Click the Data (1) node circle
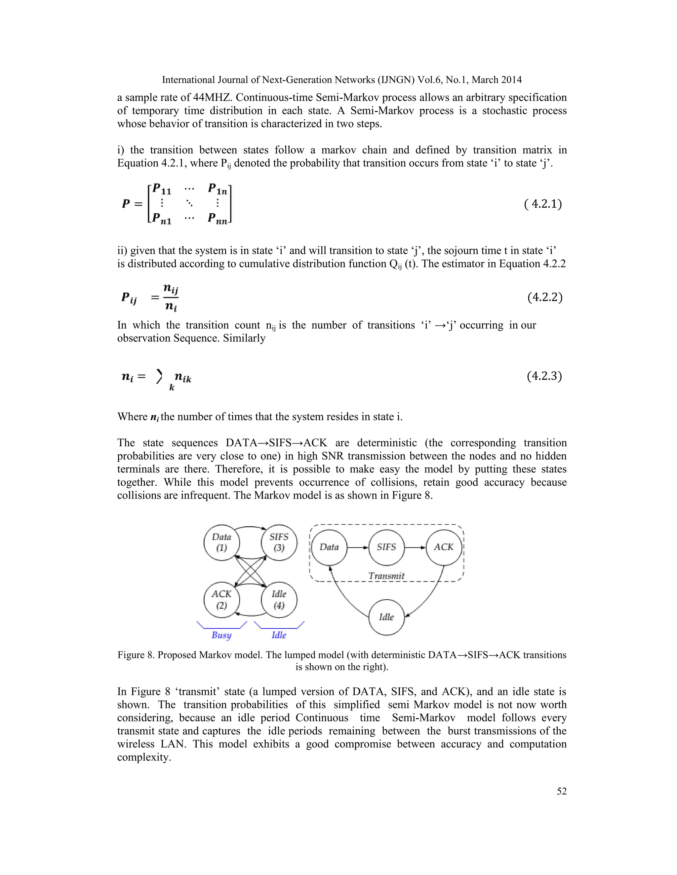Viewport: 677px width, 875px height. click(x=222, y=542)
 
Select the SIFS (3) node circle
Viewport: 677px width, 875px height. click(x=279, y=542)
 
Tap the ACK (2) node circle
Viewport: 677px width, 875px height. click(x=222, y=600)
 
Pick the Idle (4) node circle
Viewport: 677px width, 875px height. click(x=279, y=600)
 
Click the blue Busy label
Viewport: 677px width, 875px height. click(x=221, y=635)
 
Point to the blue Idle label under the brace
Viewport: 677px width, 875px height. click(x=279, y=635)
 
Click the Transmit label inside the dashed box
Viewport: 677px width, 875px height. click(x=386, y=576)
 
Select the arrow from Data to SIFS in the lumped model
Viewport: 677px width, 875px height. click(x=357, y=547)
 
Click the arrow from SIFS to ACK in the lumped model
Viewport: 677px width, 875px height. click(x=415, y=547)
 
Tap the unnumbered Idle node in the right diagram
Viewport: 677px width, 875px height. click(x=386, y=617)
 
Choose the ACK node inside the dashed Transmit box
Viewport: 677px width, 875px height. click(x=444, y=547)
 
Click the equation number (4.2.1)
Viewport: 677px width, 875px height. click(x=543, y=204)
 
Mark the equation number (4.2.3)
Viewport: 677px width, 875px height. click(x=544, y=376)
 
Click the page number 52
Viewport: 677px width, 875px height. click(x=562, y=791)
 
